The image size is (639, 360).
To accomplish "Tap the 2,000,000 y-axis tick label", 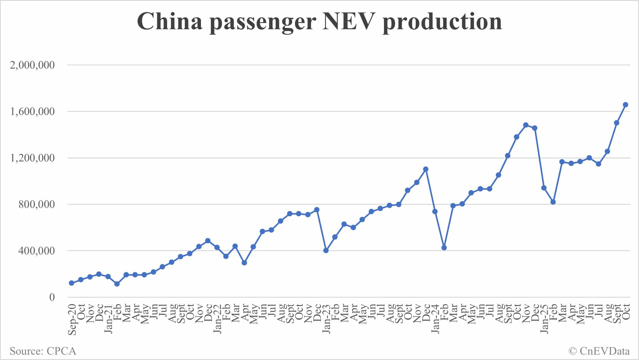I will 32,65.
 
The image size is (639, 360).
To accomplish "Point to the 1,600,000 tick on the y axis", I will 32,111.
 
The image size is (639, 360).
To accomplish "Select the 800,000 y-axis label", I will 36,204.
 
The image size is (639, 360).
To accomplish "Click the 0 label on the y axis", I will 52,297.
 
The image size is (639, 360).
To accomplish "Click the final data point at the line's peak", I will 625,105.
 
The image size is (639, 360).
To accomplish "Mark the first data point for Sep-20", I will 72,283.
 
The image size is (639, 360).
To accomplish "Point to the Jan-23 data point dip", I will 326,250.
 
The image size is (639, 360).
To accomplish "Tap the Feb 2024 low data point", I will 444,248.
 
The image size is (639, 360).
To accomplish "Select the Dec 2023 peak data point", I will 426,169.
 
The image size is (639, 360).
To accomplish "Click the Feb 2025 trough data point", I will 553,202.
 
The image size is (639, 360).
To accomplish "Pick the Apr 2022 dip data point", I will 244,263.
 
